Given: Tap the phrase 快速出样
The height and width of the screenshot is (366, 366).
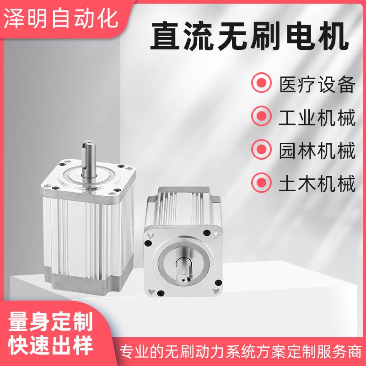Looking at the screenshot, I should coord(50,344).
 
